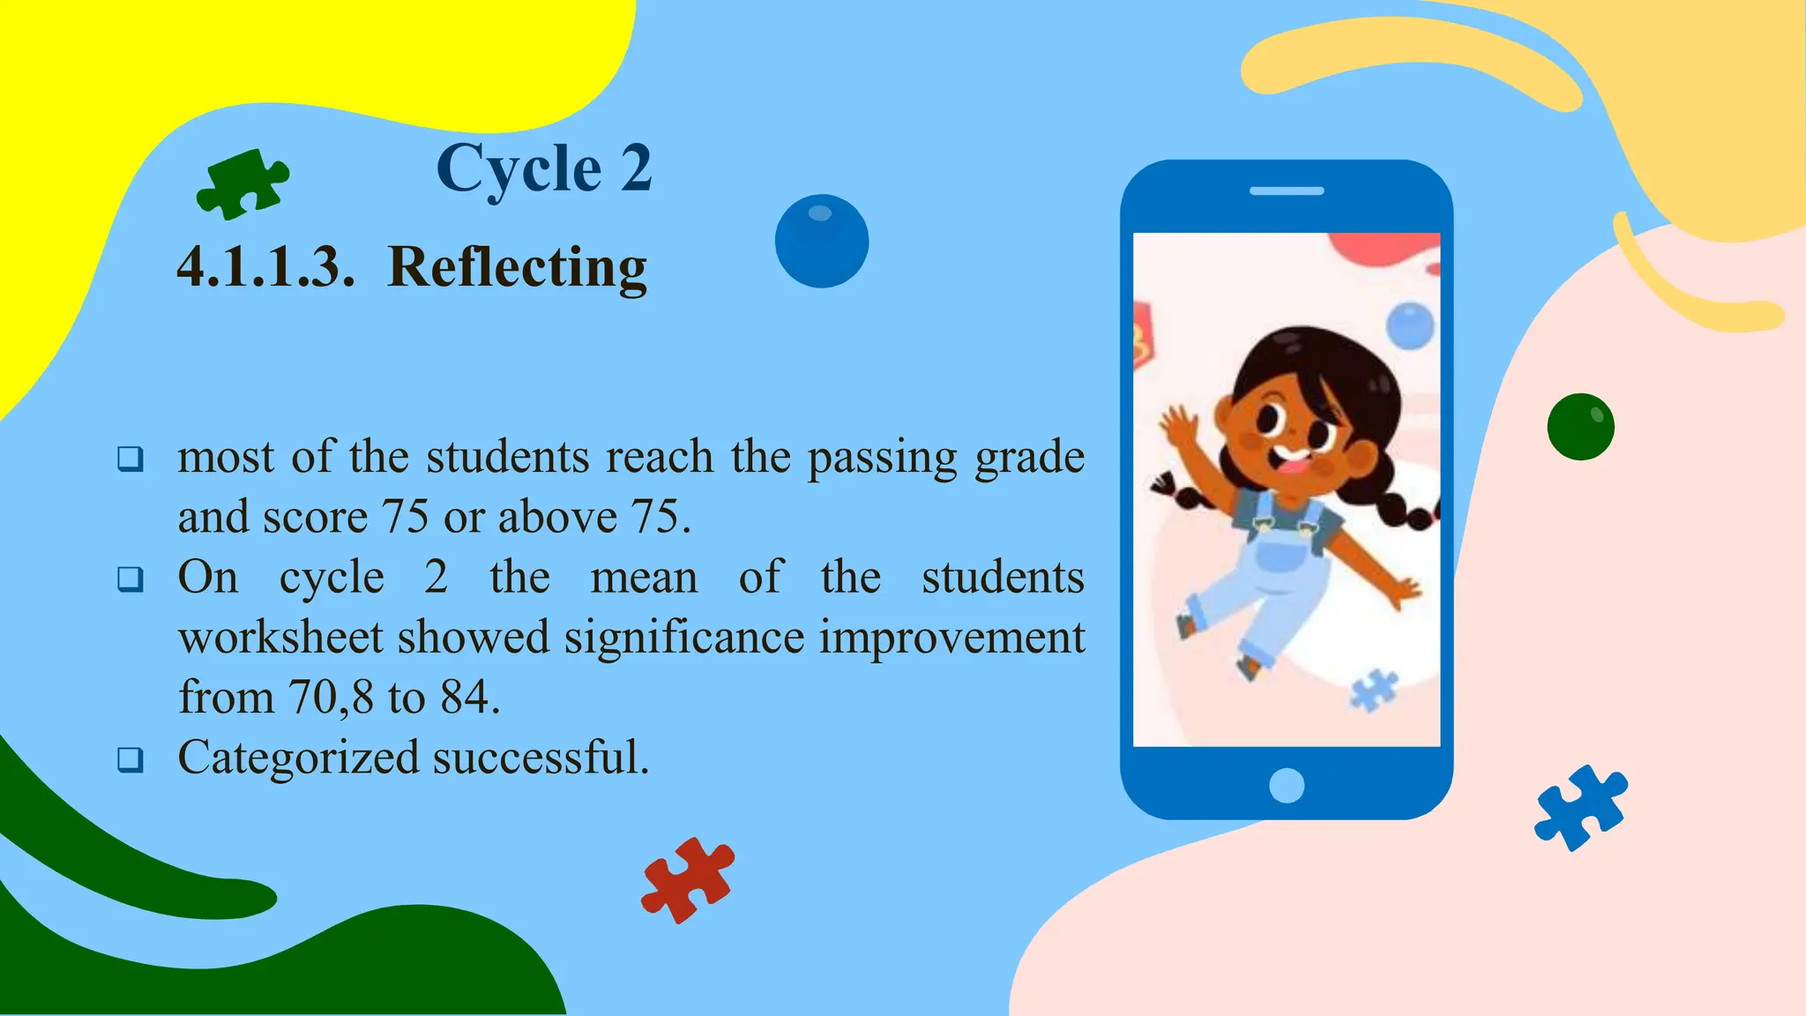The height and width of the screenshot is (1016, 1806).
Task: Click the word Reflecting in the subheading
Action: tap(517, 267)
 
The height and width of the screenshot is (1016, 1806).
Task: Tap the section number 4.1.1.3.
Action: tap(265, 267)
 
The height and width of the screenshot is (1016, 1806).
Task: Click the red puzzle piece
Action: tap(688, 879)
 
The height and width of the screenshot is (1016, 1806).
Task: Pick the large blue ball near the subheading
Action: tap(821, 241)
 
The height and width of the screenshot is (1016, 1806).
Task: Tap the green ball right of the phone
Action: tap(1580, 427)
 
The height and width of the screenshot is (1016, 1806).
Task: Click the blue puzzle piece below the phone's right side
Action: tap(1581, 807)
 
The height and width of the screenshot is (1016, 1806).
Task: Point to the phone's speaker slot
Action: tap(1287, 190)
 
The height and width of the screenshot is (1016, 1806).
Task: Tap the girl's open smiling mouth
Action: tap(1293, 460)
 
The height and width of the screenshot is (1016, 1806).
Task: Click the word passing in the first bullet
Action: tap(882, 458)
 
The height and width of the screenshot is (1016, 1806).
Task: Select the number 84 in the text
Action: tap(464, 698)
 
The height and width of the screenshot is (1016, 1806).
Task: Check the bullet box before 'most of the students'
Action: tap(131, 459)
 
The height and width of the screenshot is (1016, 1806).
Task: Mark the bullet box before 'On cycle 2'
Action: tap(131, 579)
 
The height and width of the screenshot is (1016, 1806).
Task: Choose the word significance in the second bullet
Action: tap(684, 638)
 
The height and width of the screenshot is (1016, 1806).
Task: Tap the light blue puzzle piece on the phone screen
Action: tap(1373, 690)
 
